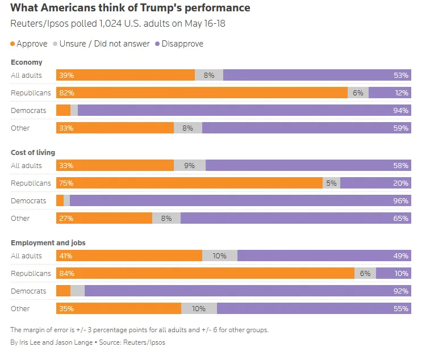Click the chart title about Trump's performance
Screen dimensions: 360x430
pos(130,8)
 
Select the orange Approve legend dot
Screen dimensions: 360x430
pos(13,44)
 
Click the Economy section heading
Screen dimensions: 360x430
pos(27,62)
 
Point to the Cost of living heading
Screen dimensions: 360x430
pos(33,153)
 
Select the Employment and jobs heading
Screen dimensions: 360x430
pos(48,243)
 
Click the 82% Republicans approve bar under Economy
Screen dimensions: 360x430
pos(202,93)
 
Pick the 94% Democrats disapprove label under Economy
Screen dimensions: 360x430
pos(400,110)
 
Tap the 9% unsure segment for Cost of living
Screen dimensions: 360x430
pos(190,165)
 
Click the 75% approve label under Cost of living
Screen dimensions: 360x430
pos(66,183)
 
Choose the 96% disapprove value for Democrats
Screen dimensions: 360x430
pos(400,200)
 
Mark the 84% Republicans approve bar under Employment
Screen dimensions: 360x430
pos(205,273)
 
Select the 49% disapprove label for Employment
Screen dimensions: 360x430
pos(400,256)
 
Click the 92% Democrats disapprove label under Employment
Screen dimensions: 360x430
pos(400,291)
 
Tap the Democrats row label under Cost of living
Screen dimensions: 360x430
pos(28,200)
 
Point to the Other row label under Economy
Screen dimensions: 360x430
pos(20,128)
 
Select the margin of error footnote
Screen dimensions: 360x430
pos(139,330)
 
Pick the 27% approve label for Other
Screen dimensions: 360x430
pos(66,218)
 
